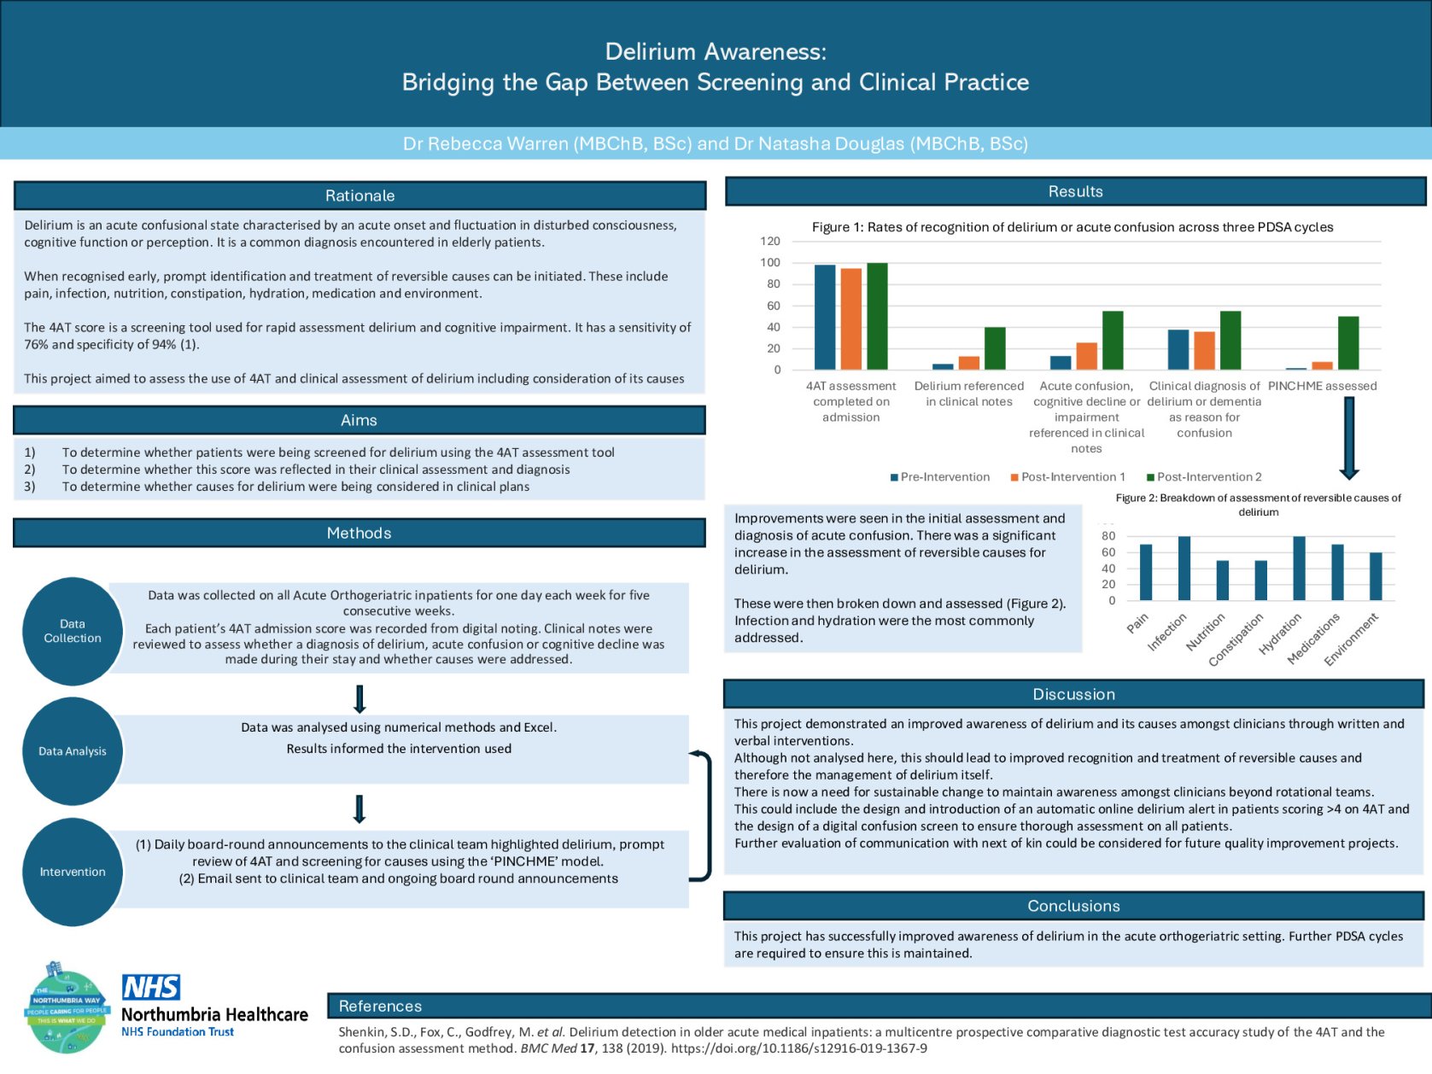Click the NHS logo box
click(x=151, y=988)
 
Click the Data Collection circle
click(x=73, y=631)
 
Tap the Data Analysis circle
click(x=73, y=751)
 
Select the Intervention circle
click(x=73, y=872)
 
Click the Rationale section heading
click(x=359, y=196)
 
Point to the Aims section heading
click(x=359, y=420)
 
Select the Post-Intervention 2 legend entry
click(x=1204, y=477)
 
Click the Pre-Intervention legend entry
click(x=940, y=477)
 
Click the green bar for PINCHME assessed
click(x=1348, y=343)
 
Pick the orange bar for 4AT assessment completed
click(x=850, y=319)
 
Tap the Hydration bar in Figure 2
click(x=1299, y=569)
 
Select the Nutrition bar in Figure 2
click(x=1222, y=581)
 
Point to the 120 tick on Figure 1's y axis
click(x=770, y=242)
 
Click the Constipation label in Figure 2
click(x=1236, y=639)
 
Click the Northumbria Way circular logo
click(x=67, y=1007)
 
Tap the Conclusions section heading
click(x=1073, y=906)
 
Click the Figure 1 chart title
click(x=1072, y=227)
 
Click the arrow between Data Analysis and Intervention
click(x=359, y=808)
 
